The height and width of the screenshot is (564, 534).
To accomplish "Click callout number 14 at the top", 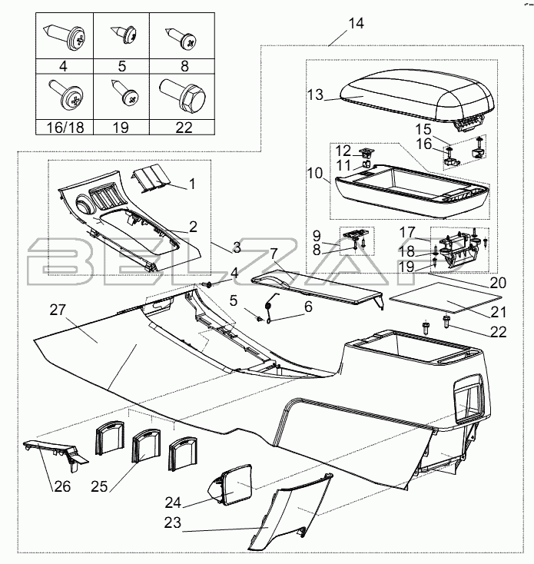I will tap(356, 23).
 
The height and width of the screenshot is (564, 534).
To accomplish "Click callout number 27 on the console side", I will tap(59, 310).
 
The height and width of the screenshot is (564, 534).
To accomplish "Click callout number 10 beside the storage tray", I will tap(315, 174).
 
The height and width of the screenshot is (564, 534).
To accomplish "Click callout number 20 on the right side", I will tap(498, 282).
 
